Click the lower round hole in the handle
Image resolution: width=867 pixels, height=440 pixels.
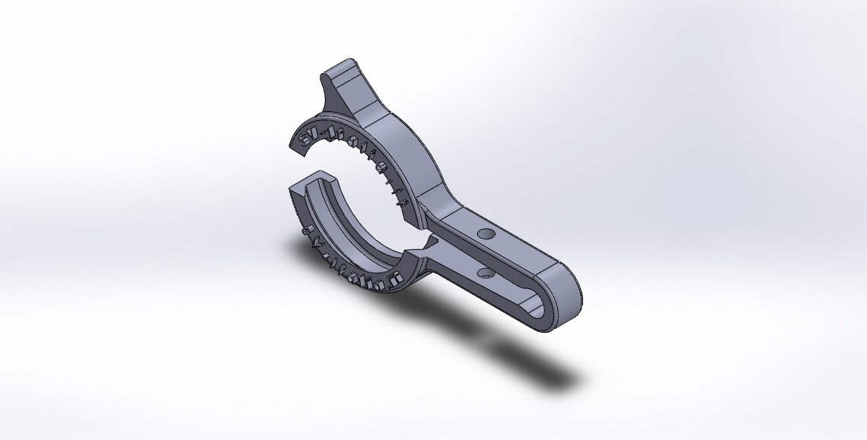[485, 271]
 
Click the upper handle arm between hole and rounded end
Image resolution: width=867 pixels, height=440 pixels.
[533, 251]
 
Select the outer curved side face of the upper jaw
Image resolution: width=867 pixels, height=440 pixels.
[411, 145]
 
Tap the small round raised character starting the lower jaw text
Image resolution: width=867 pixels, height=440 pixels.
[305, 230]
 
